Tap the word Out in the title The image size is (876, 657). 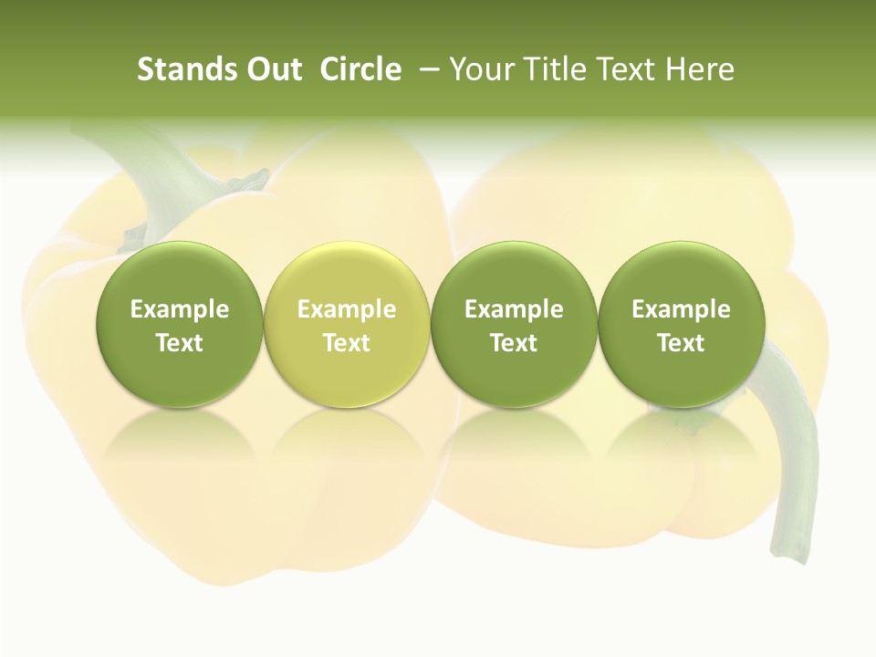pos(271,69)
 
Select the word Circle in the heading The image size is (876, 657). pos(360,69)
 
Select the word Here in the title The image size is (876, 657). pos(700,69)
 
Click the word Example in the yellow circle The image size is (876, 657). pos(347,310)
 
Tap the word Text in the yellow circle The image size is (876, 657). pos(347,343)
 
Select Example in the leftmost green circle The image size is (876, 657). pos(180,310)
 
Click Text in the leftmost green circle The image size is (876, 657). pos(180,343)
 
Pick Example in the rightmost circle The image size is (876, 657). pos(681,310)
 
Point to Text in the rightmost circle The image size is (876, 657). pos(681,343)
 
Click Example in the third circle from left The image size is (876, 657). pos(514,310)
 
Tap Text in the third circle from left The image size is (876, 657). pos(514,343)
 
